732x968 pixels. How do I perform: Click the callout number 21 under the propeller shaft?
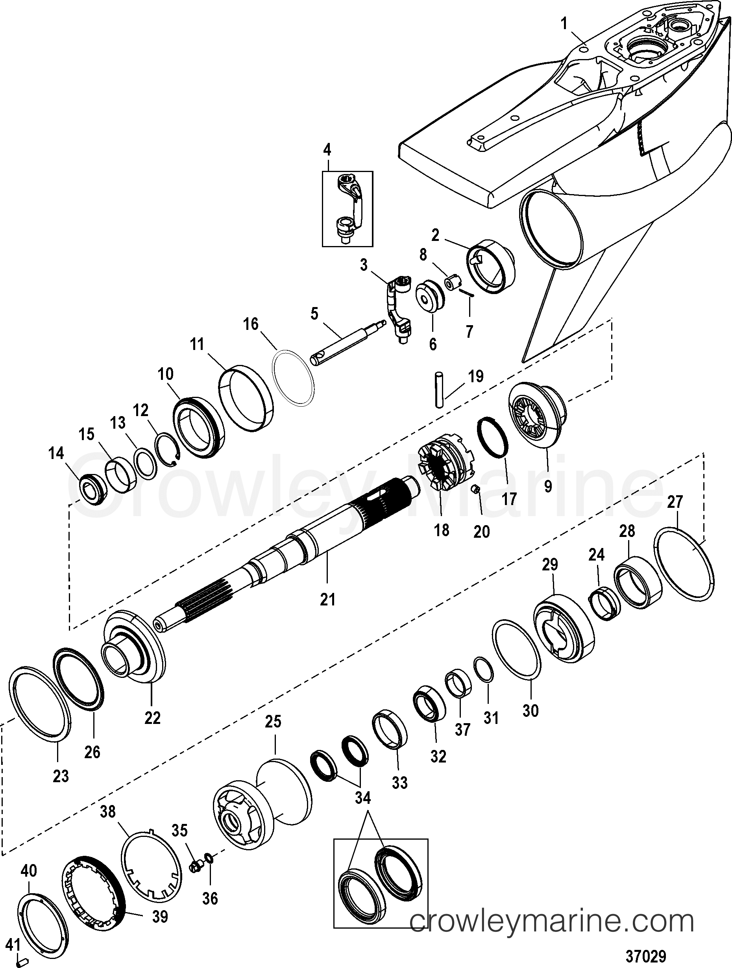click(327, 599)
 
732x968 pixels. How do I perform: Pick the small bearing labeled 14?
click(93, 491)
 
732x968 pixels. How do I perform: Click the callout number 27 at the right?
click(674, 502)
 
